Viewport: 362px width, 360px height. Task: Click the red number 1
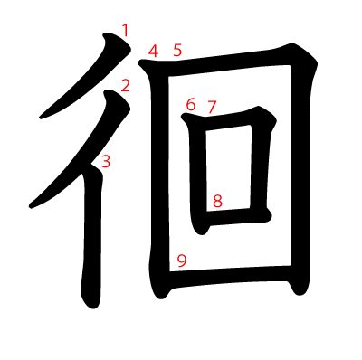point(125,31)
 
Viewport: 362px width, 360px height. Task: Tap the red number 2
point(125,86)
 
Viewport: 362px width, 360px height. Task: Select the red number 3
point(106,162)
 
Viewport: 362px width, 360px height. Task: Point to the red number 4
point(154,51)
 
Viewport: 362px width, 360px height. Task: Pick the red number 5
point(177,51)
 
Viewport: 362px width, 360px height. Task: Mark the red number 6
point(190,105)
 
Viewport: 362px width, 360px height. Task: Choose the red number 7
point(212,107)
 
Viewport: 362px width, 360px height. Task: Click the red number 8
point(217,201)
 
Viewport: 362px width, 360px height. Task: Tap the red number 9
point(182,261)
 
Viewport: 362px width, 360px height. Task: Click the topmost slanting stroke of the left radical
point(86,81)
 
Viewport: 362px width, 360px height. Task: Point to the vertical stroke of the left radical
point(91,235)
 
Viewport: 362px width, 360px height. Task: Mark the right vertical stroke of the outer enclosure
point(301,172)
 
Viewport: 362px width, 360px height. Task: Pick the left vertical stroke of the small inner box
point(201,172)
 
